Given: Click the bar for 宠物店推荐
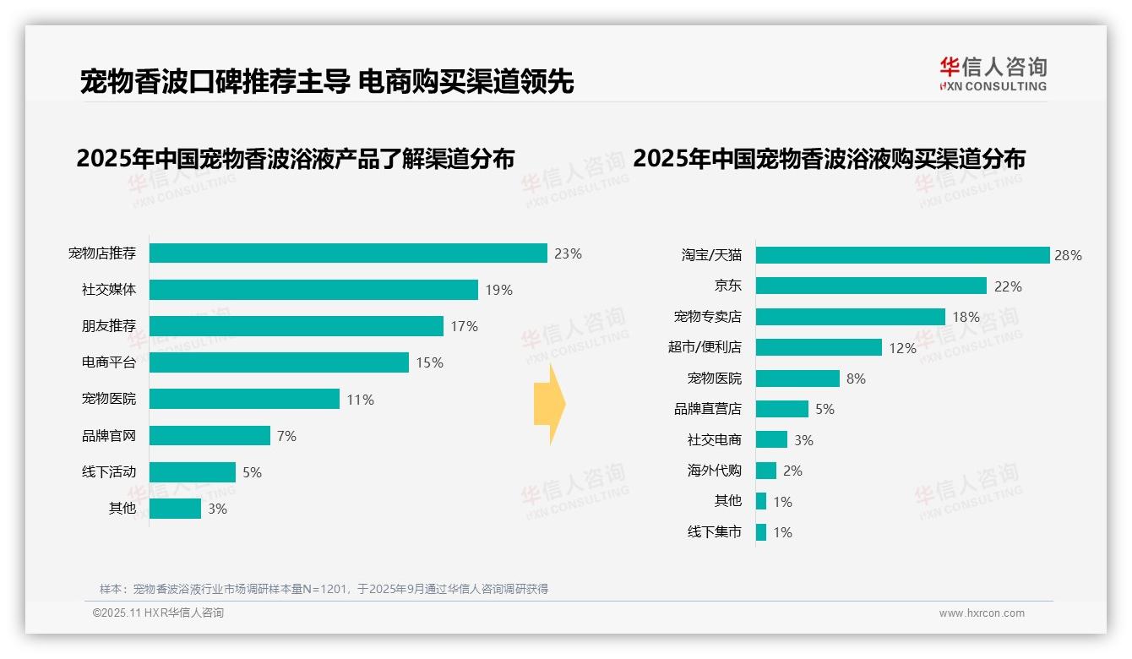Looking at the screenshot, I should tap(348, 253).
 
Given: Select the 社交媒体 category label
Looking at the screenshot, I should tap(108, 290).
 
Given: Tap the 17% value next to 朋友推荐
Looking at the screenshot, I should tap(464, 326).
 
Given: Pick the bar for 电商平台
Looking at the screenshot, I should tap(279, 362).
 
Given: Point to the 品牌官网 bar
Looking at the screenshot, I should tap(210, 436).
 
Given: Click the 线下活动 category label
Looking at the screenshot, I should tap(108, 472).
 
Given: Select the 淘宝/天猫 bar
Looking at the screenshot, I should tap(902, 255).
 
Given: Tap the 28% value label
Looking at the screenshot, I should tap(1068, 255).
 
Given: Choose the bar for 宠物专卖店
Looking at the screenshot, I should tap(850, 317).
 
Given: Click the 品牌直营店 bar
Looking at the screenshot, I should tap(781, 409).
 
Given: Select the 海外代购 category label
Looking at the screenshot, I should tap(714, 471).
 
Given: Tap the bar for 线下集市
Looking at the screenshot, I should tap(760, 532).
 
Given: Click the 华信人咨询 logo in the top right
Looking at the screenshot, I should tap(993, 74).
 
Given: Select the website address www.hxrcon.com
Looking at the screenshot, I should tap(982, 613).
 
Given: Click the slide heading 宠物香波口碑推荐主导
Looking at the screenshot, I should tap(215, 82).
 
